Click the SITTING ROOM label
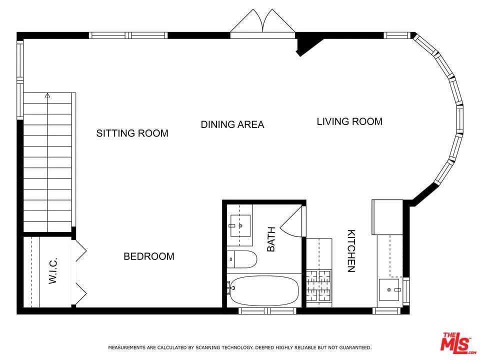[x=132, y=133]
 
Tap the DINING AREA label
[x=232, y=124]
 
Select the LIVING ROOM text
[x=349, y=121]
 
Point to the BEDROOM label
[x=149, y=256]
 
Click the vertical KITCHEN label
[x=351, y=251]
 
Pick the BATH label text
[x=271, y=239]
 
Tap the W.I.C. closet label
[x=53, y=271]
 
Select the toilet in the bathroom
[x=243, y=259]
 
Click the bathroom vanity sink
[x=240, y=225]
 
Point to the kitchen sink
[x=389, y=289]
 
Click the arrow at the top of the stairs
[x=47, y=94]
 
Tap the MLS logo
[x=455, y=342]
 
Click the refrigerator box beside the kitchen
[x=387, y=216]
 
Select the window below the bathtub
[x=260, y=311]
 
